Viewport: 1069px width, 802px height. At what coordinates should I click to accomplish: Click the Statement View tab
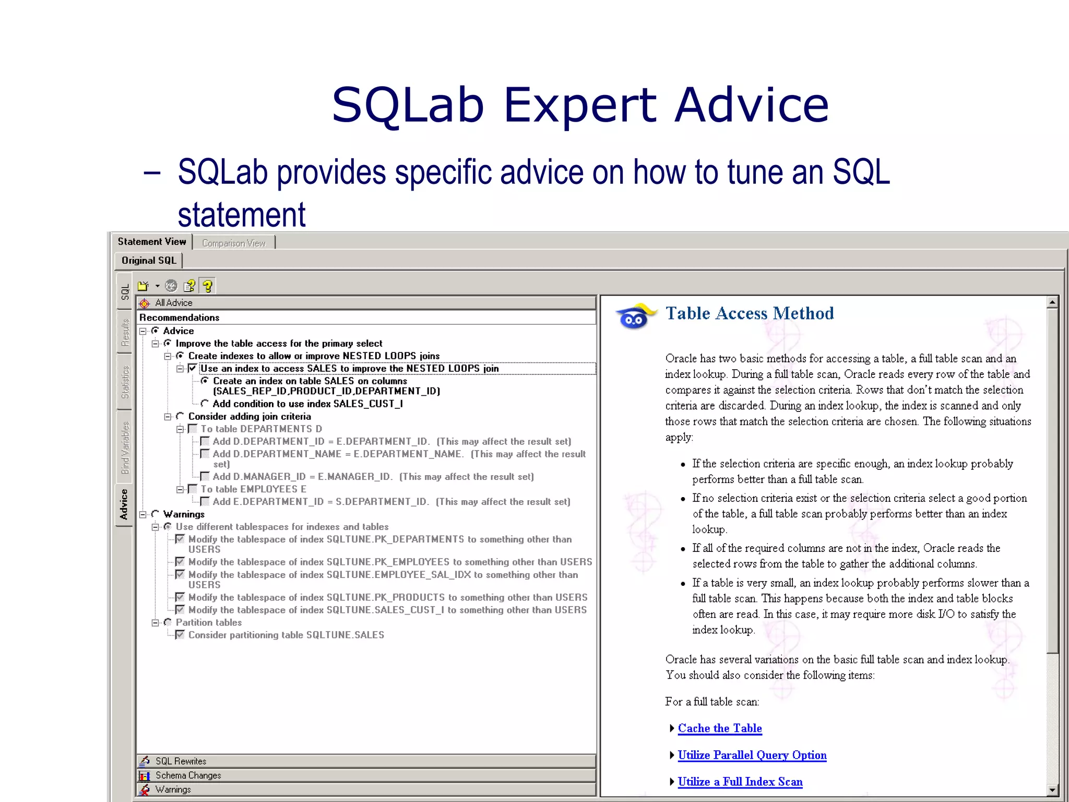tap(151, 242)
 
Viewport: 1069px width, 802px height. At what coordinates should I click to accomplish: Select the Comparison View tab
tap(233, 243)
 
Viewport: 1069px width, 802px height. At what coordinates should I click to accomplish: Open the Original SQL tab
tap(149, 261)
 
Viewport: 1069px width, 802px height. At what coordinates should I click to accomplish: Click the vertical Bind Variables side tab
tap(125, 447)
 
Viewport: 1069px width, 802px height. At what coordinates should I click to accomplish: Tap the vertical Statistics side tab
tap(125, 382)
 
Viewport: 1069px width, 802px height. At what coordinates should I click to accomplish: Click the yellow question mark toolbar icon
tap(208, 286)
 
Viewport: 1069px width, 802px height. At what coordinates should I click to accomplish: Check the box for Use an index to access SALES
tap(193, 369)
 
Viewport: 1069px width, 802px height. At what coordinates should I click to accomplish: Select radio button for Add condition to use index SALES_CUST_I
tap(205, 404)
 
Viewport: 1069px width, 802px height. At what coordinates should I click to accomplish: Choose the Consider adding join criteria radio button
tap(180, 416)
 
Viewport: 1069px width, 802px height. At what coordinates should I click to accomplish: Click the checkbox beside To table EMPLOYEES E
tap(193, 489)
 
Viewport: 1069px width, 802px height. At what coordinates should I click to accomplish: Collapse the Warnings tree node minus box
tap(142, 515)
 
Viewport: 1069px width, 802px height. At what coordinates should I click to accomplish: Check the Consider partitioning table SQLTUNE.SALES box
tap(180, 635)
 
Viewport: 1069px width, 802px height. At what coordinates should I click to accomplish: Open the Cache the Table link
tap(719, 728)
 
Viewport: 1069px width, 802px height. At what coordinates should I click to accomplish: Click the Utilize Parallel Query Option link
tap(752, 755)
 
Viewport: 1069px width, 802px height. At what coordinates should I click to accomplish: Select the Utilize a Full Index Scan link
tap(740, 782)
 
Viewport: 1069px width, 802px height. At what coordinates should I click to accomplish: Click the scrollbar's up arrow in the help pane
tap(1052, 302)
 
